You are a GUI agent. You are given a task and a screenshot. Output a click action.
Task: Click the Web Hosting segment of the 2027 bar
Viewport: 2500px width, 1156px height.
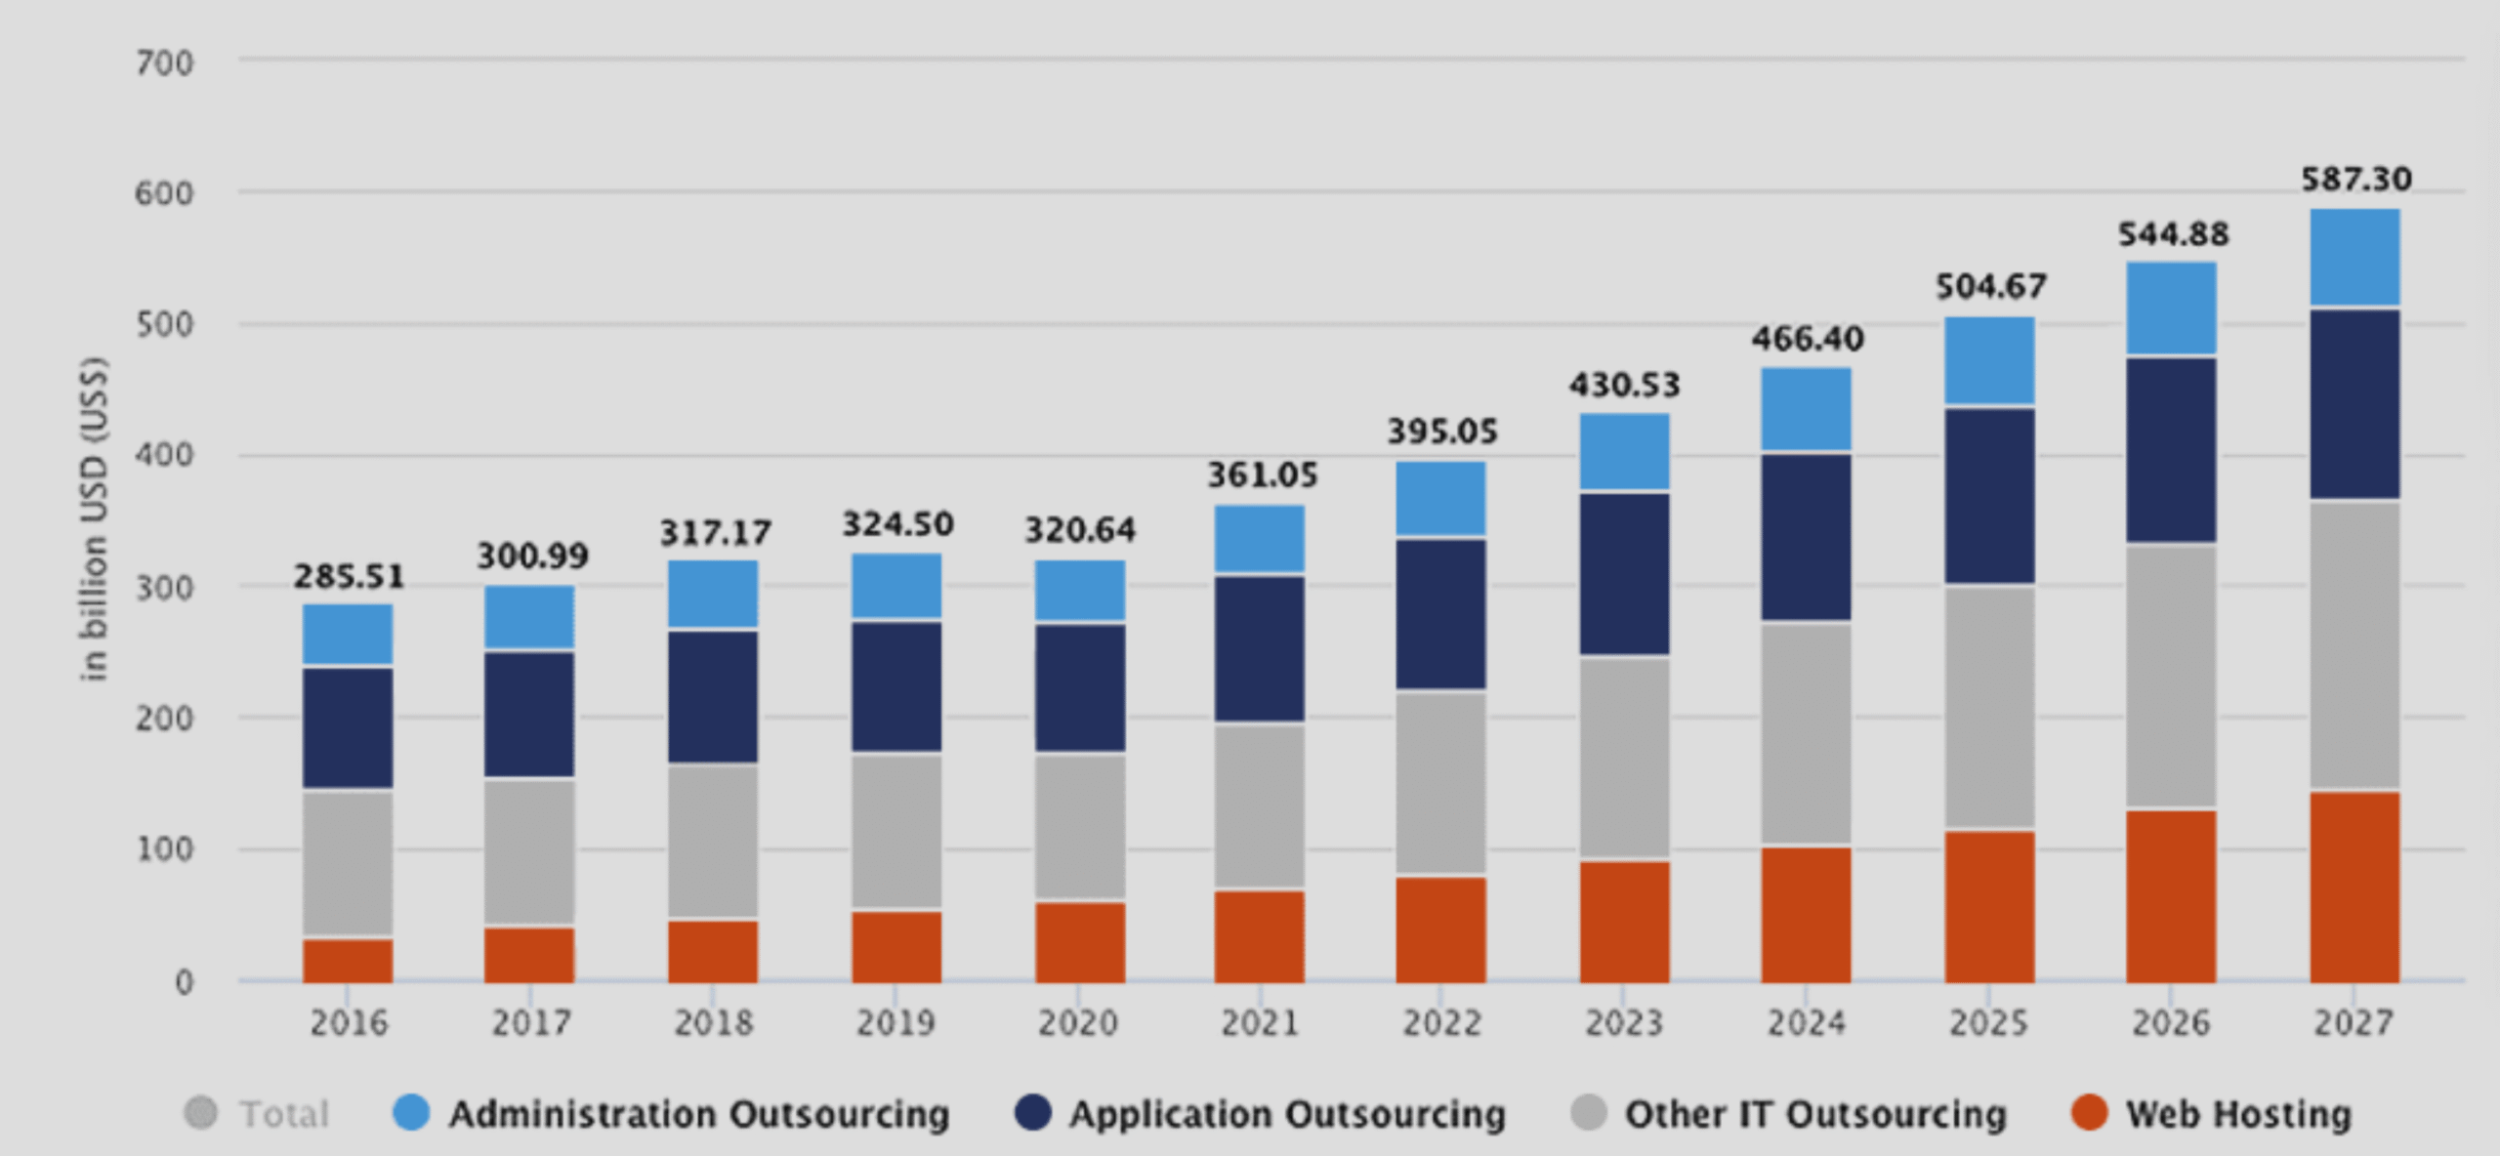(2354, 887)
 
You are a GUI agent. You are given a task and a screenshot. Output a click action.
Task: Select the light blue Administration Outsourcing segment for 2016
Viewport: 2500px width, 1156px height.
(348, 635)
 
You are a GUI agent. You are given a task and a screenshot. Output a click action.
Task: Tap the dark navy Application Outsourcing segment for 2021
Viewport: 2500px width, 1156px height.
(1260, 648)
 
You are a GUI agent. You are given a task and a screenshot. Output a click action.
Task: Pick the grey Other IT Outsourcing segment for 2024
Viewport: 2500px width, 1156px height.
(1806, 733)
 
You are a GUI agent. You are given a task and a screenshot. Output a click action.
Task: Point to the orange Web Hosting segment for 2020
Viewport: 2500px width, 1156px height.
(1080, 942)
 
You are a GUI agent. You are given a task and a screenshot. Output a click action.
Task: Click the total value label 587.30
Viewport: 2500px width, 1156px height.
(2355, 180)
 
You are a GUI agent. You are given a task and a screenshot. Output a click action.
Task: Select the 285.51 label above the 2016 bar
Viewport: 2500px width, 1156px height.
(349, 576)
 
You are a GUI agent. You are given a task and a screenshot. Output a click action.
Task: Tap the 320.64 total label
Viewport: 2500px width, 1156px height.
(1080, 530)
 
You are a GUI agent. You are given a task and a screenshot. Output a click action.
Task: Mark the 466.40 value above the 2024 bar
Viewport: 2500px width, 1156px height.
(1807, 339)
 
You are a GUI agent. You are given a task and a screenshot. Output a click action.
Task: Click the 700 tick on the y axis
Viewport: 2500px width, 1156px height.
(164, 63)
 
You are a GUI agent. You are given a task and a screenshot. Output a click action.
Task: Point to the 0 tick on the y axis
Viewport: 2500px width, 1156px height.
(184, 982)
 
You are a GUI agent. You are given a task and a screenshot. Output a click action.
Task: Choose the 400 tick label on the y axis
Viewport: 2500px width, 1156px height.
(164, 455)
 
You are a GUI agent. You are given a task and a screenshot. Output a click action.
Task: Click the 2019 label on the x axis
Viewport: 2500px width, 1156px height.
(896, 1023)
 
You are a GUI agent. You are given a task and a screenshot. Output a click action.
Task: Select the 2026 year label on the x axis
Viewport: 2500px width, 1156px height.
(2171, 1023)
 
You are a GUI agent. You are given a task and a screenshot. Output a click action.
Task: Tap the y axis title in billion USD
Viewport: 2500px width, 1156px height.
(94, 518)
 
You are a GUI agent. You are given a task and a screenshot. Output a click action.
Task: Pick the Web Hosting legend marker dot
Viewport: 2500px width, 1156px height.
(2089, 1113)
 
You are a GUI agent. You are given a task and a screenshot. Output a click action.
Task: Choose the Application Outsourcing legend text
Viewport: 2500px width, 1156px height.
(1287, 1114)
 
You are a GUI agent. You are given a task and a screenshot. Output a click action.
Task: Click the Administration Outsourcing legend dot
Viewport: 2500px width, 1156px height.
(411, 1113)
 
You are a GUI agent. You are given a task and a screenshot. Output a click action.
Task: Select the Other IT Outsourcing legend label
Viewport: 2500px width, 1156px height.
(1814, 1114)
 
